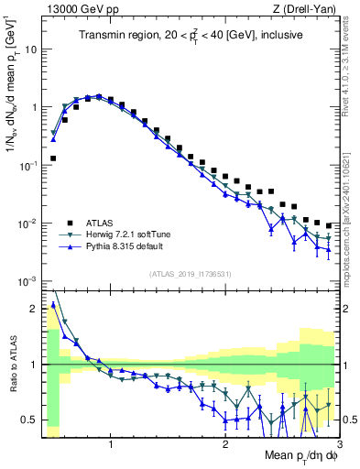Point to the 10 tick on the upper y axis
click(29, 49)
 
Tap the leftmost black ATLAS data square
click(53, 158)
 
